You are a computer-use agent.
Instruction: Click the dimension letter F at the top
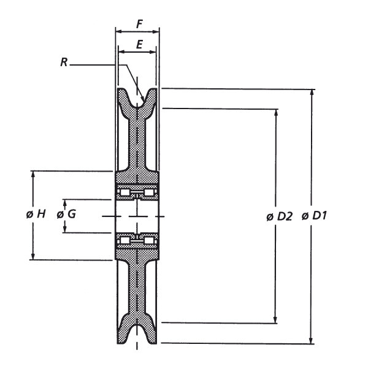[139, 25]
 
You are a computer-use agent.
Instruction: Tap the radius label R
[64, 62]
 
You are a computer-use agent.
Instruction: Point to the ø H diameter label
[36, 215]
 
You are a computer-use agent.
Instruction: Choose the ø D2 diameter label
[280, 216]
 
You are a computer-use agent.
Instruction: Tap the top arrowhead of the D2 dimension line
[275, 112]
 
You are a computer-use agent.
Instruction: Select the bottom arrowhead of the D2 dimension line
[275, 319]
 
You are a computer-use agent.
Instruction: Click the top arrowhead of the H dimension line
[34, 175]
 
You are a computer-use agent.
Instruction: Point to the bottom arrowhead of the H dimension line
[34, 256]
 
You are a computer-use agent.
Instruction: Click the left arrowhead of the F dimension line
[120, 30]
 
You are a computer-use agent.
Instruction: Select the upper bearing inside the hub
[137, 194]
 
